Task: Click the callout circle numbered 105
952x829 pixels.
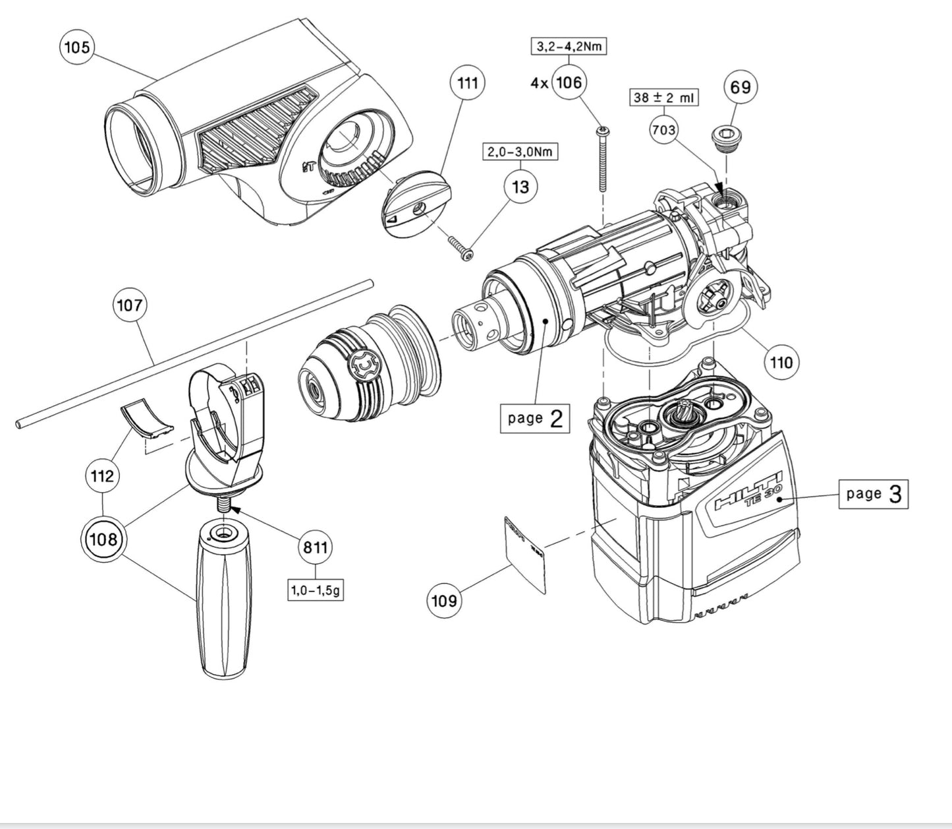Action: (x=77, y=48)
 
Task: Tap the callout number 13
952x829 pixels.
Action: (x=520, y=187)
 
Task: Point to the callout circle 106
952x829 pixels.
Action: (x=569, y=82)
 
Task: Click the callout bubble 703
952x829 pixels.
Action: (x=663, y=130)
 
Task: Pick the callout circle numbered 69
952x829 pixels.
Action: (x=741, y=86)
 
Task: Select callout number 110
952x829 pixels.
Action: (x=782, y=361)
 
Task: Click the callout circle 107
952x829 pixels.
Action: (x=129, y=305)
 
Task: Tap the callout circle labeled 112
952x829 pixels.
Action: (x=103, y=476)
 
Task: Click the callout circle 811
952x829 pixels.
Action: (x=316, y=547)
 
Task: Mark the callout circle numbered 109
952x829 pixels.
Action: (x=444, y=600)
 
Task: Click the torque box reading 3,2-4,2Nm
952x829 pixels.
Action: (x=569, y=46)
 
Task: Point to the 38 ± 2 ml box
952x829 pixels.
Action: (x=663, y=98)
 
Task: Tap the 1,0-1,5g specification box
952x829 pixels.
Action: (x=316, y=590)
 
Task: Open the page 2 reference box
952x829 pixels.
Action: (x=535, y=417)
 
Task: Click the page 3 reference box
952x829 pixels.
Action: (x=873, y=493)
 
